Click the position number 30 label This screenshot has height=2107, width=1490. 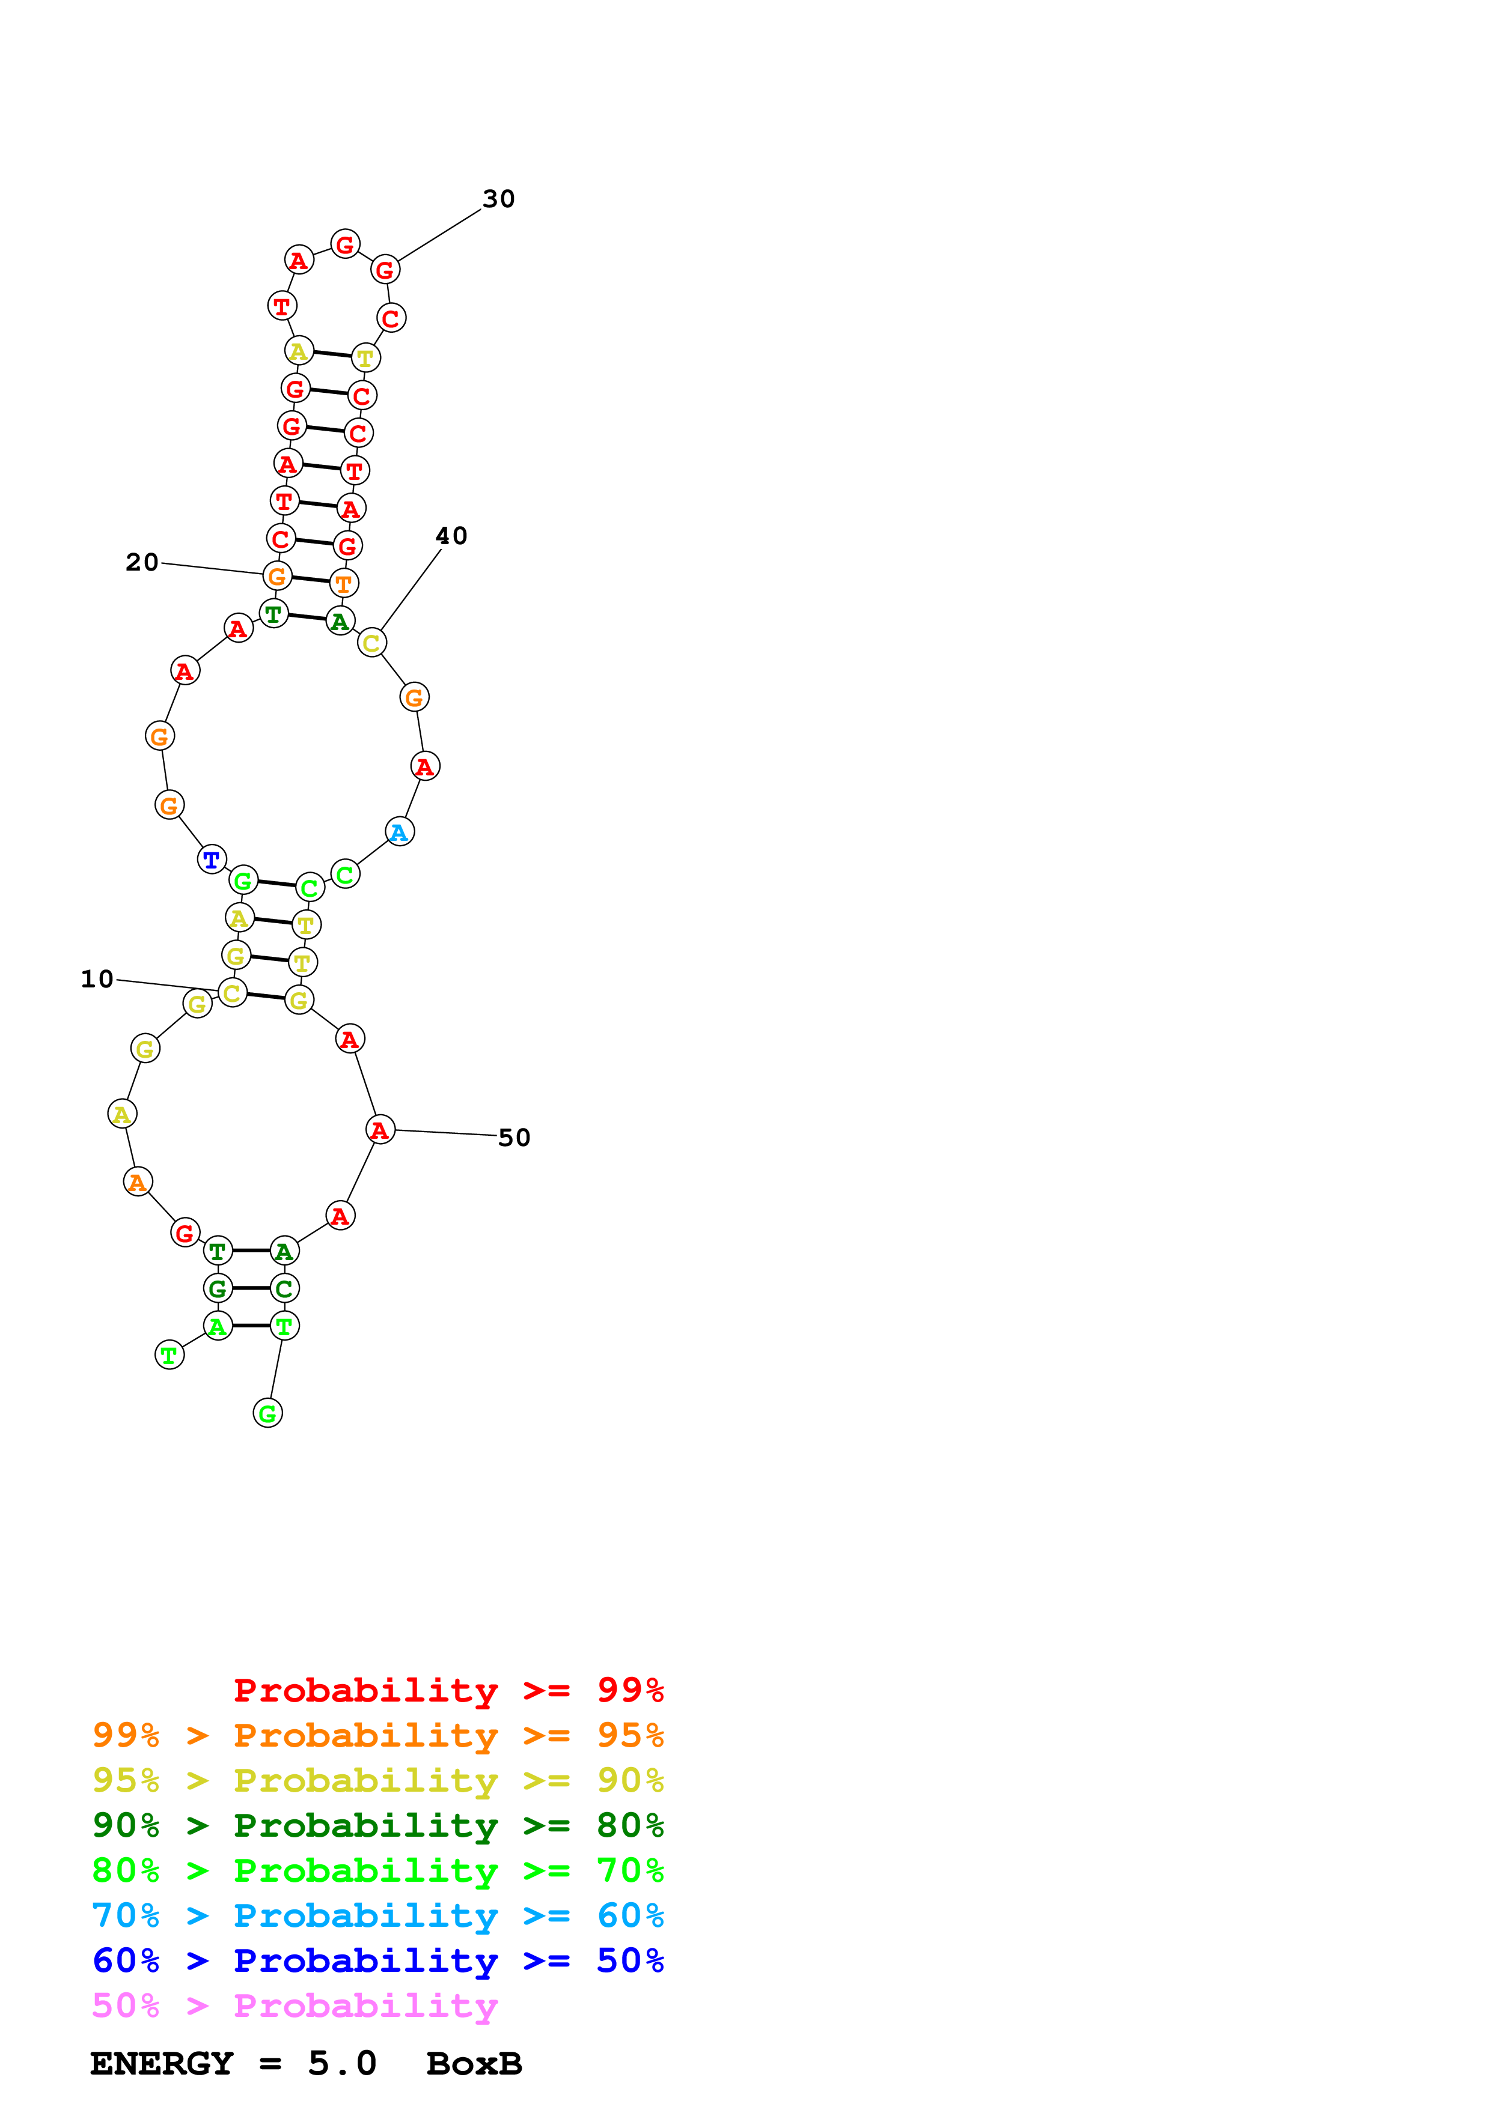pyautogui.click(x=498, y=199)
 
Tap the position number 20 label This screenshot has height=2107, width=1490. pyautogui.click(x=142, y=563)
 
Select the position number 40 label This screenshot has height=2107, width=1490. pyautogui.click(x=451, y=536)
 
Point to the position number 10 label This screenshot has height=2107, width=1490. pyautogui.click(x=97, y=979)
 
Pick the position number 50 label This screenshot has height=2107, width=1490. pyautogui.click(x=514, y=1138)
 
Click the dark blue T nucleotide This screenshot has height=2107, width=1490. pyautogui.click(x=212, y=860)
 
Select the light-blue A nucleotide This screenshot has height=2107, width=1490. pyautogui.click(x=399, y=832)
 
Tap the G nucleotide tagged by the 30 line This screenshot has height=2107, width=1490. pyautogui.click(x=385, y=270)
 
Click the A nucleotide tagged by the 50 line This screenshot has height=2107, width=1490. pyautogui.click(x=380, y=1130)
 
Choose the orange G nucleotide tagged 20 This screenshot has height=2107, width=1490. pyautogui.click(x=276, y=577)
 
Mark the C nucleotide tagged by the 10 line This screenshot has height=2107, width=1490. pyautogui.click(x=232, y=993)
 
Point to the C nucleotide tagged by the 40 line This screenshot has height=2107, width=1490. pyautogui.click(x=371, y=643)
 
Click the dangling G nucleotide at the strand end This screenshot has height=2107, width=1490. pyautogui.click(x=267, y=1414)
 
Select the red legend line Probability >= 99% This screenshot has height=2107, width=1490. pyautogui.click(x=448, y=1690)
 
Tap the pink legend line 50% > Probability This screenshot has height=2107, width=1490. pyautogui.click(x=295, y=2006)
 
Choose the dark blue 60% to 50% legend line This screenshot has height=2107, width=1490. pyautogui.click(x=377, y=1961)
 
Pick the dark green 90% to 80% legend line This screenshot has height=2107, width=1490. pyautogui.click(x=377, y=1825)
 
